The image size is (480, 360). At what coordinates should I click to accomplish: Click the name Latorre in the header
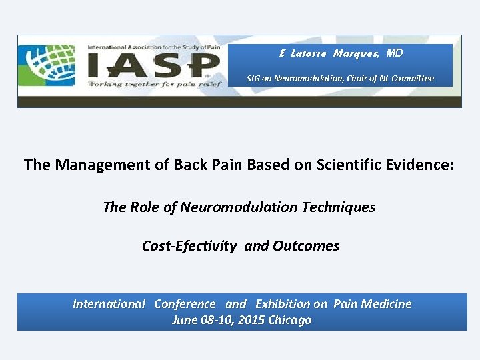pyautogui.click(x=308, y=53)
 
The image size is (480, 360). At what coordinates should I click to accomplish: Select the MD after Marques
pyautogui.click(x=395, y=53)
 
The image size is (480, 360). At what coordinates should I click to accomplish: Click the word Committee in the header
pyautogui.click(x=412, y=78)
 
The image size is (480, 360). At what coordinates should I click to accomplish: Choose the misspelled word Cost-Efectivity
pyautogui.click(x=189, y=246)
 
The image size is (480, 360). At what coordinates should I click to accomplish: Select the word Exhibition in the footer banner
pyautogui.click(x=282, y=304)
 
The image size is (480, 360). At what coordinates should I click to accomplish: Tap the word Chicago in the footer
pyautogui.click(x=289, y=320)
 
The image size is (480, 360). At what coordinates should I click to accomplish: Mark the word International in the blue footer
pyautogui.click(x=109, y=304)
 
